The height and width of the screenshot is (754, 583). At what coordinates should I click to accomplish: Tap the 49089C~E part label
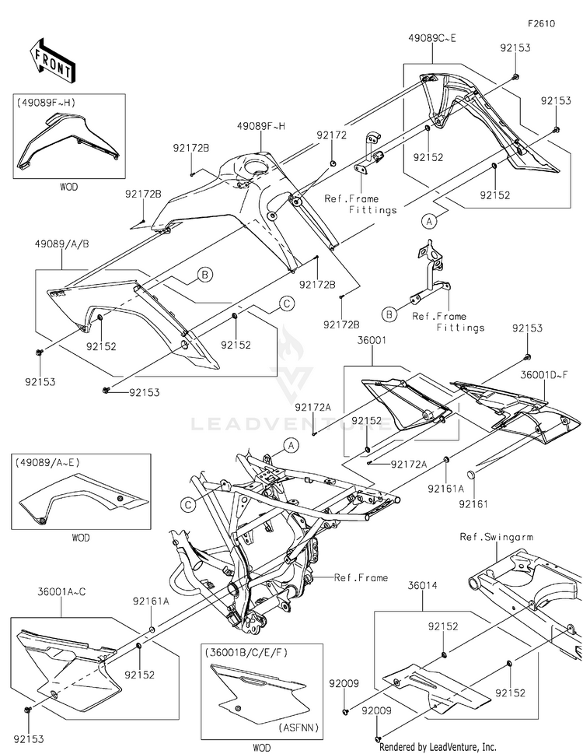[x=432, y=37]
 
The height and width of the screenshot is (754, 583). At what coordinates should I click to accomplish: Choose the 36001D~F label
[x=553, y=373]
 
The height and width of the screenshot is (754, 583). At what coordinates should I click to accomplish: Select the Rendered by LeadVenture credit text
[x=438, y=746]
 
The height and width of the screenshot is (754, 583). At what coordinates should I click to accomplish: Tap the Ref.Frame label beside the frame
[x=356, y=577]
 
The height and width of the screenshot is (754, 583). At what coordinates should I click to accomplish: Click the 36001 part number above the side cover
[x=370, y=340]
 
